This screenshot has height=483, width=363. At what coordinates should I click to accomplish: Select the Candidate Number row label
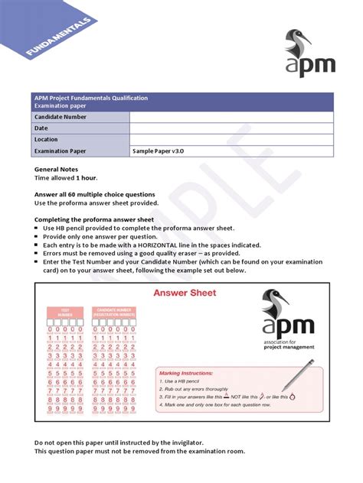62,117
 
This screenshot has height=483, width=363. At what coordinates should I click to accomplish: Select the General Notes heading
58,168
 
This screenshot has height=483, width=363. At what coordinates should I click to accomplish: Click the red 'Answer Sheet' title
185,293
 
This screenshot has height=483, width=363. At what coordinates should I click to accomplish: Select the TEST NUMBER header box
65,312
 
